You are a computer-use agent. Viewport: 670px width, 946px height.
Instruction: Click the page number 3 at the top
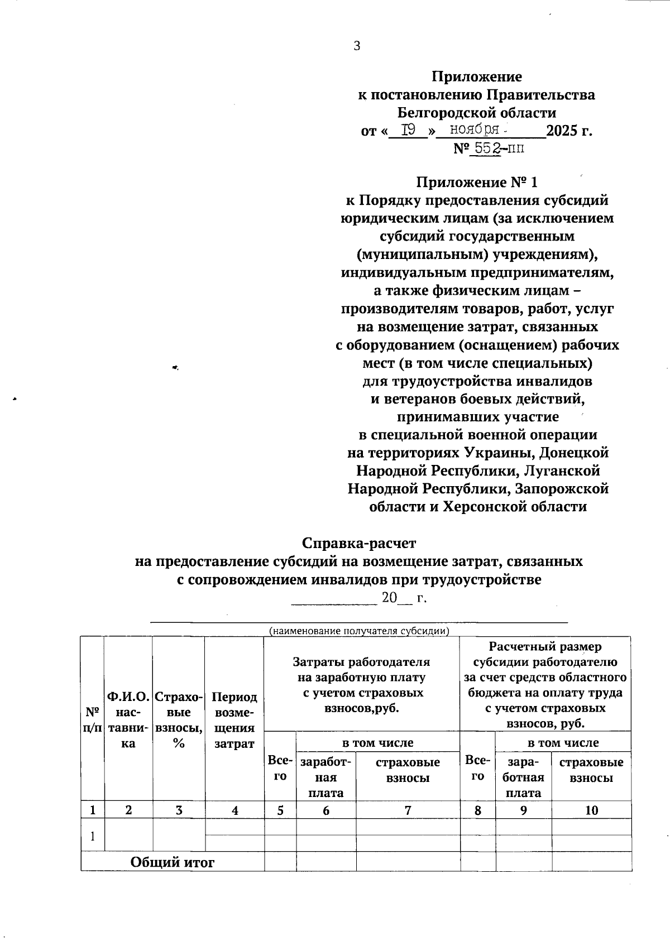tap(357, 46)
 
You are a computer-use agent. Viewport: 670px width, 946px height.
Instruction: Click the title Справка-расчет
tap(359, 542)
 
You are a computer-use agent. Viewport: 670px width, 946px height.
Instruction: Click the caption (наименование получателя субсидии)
tap(359, 631)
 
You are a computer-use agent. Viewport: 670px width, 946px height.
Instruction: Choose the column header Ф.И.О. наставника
tap(128, 720)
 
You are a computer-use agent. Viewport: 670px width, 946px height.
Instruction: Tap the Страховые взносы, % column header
tap(179, 720)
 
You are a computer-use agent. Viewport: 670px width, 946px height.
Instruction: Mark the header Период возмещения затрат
tap(234, 720)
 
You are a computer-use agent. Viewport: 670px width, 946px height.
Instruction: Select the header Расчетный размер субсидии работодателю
tap(545, 685)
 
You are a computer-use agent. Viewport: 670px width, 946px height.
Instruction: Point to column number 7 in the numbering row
tap(408, 810)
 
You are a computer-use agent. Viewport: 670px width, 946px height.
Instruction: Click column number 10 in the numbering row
tap(591, 810)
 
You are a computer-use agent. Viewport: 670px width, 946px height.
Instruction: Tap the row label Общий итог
tap(173, 862)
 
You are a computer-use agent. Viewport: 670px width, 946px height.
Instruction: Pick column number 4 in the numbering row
tap(235, 810)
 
